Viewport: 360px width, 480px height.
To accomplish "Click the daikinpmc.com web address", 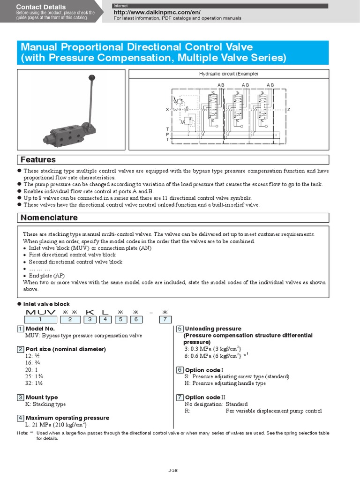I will pos(157,12).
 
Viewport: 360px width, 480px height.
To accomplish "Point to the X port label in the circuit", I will pos(167,110).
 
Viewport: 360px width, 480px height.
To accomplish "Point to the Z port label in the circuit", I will pos(289,110).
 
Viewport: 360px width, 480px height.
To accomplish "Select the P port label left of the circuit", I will pos(167,134).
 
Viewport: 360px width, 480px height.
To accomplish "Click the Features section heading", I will pos(38,160).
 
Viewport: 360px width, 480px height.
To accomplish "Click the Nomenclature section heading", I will pos(49,218).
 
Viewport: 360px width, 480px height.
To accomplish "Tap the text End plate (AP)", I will pos(49,276).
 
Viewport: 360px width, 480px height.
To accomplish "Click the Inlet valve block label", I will pos(47,304).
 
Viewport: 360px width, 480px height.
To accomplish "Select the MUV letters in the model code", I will pos(41,312).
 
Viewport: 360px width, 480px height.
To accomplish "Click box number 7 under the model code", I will pos(165,320).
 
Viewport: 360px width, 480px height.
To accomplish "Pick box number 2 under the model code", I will pos(70,320).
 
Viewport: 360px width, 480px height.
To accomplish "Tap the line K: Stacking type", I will pos(45,404).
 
